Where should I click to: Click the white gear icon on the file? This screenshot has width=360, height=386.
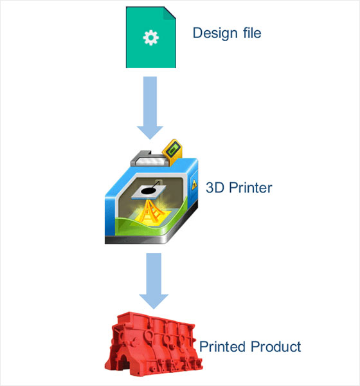(x=151, y=37)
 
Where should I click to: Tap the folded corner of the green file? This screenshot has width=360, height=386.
(x=170, y=13)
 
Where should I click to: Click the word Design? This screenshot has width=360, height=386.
(x=215, y=33)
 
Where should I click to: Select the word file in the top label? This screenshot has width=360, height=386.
(x=252, y=33)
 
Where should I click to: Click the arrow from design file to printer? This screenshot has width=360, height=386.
(x=150, y=108)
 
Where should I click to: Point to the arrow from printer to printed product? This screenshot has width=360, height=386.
(x=154, y=280)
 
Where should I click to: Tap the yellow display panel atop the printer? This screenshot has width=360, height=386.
(x=172, y=150)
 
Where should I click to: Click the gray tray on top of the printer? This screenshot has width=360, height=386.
(x=149, y=160)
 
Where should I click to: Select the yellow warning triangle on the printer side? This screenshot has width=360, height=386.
(x=194, y=184)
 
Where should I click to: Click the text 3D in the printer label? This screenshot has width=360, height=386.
(x=215, y=188)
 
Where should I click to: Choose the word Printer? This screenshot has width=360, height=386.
(x=251, y=188)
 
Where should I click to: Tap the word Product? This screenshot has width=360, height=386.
(x=276, y=347)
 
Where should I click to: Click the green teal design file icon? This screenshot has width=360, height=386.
(x=151, y=37)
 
